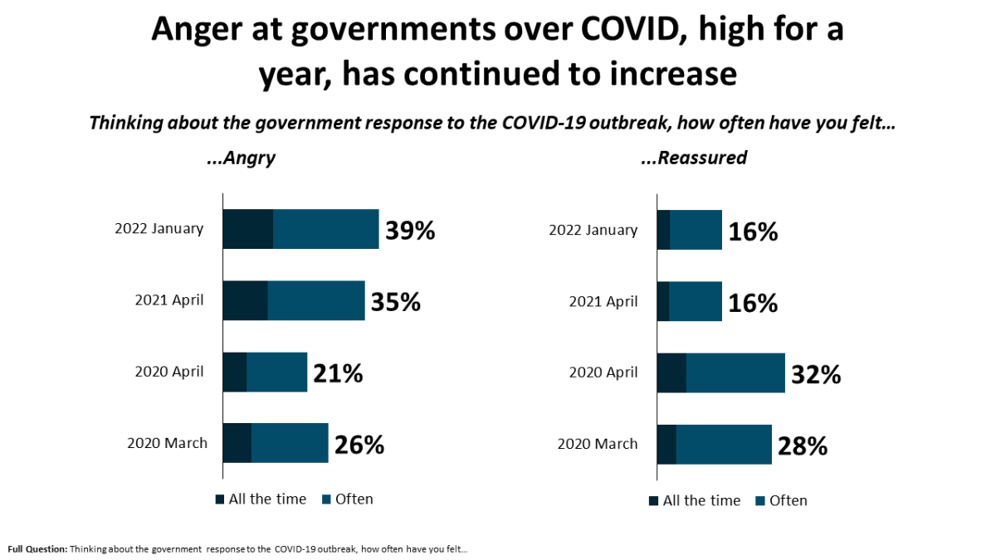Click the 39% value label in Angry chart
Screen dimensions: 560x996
(x=408, y=230)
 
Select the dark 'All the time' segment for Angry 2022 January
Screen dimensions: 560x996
(x=247, y=230)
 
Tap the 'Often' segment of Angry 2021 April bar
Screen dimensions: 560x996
(x=316, y=300)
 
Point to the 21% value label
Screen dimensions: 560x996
(x=338, y=373)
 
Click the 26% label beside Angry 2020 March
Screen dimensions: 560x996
(x=359, y=445)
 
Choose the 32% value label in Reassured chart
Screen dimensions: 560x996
(x=816, y=374)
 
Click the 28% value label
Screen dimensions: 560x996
(x=803, y=446)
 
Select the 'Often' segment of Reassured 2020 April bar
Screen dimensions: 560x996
(x=735, y=373)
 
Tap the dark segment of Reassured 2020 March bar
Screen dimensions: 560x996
(x=666, y=444)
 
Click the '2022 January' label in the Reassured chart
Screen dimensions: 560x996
(x=593, y=230)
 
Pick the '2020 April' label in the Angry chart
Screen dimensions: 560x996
(x=169, y=372)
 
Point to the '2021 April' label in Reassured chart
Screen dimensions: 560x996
(x=603, y=301)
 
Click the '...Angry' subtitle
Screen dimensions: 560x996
(x=240, y=158)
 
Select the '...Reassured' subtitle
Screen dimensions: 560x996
(x=694, y=158)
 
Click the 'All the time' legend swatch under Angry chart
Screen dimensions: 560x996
(x=220, y=499)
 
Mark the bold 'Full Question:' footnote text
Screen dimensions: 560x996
(x=37, y=548)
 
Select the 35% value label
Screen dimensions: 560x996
(x=396, y=301)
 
